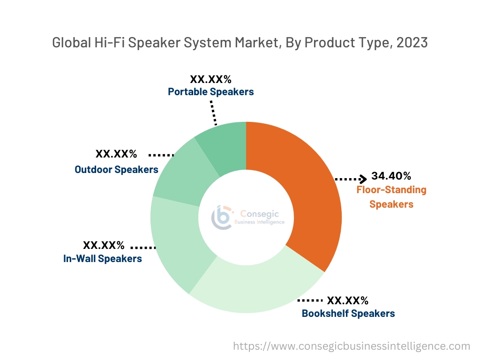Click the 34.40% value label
click(391, 176)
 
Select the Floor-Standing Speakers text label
click(391, 197)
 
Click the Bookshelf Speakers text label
click(348, 313)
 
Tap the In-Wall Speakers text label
click(103, 258)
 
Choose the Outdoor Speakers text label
click(116, 169)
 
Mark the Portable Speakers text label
click(211, 91)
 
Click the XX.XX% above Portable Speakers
click(210, 79)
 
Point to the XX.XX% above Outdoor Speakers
click(116, 154)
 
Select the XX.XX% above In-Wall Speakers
click(104, 245)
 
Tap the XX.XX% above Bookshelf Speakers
click(347, 300)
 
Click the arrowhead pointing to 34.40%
click(363, 179)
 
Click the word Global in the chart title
click(69, 43)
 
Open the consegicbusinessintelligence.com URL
click(352, 346)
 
